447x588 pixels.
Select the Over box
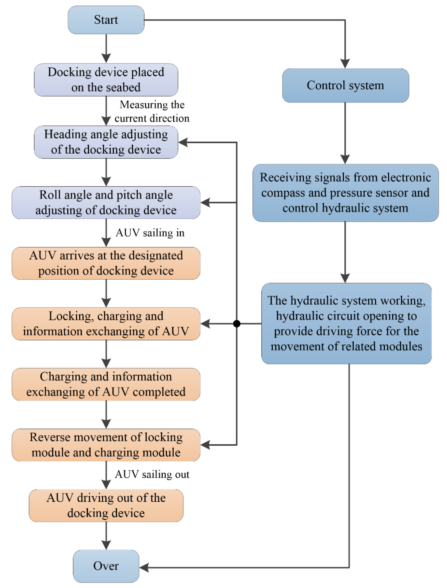(x=106, y=566)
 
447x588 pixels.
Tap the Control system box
(x=345, y=85)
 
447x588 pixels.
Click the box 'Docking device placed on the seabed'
(x=106, y=80)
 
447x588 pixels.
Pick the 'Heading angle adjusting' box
(x=106, y=142)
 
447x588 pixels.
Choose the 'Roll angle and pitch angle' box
(x=106, y=203)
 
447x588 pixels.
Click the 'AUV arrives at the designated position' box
(x=106, y=263)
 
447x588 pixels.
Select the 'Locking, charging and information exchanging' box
(x=106, y=324)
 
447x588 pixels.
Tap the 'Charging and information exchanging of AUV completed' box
(x=106, y=384)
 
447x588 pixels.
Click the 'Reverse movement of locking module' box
(x=106, y=445)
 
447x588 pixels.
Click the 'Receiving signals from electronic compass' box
(x=345, y=193)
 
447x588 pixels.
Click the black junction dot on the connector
(x=236, y=324)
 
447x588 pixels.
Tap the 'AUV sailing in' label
(x=150, y=233)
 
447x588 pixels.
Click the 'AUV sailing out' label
(x=152, y=474)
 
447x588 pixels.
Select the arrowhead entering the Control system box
(x=345, y=64)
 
